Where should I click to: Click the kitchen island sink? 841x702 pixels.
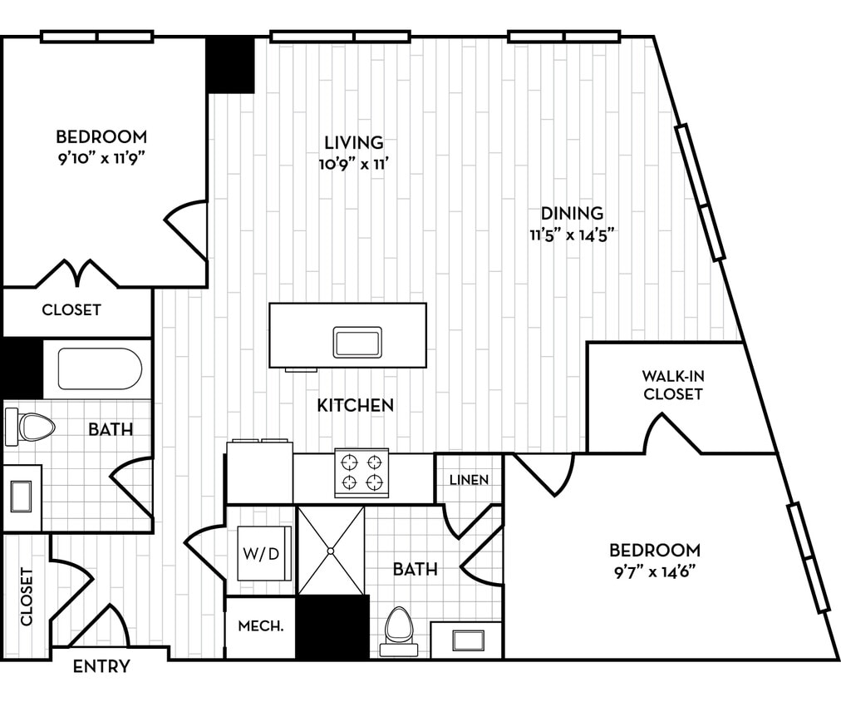[x=357, y=342]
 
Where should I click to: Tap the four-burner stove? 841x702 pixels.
[x=361, y=472]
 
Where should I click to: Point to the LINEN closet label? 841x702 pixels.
[x=469, y=480]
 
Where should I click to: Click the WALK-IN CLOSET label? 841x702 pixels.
[x=672, y=384]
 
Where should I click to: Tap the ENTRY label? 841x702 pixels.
[x=101, y=666]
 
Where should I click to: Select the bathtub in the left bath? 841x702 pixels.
[x=100, y=368]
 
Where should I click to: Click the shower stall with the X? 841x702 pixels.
[x=331, y=551]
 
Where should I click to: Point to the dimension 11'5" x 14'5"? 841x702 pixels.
[x=572, y=234]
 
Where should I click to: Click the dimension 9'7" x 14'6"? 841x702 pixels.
[x=654, y=571]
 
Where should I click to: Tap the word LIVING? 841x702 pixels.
[x=354, y=142]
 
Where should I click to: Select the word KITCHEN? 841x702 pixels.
[x=355, y=406]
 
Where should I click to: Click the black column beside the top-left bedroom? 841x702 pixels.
[x=230, y=65]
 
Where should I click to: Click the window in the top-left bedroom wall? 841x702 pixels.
[x=97, y=37]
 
